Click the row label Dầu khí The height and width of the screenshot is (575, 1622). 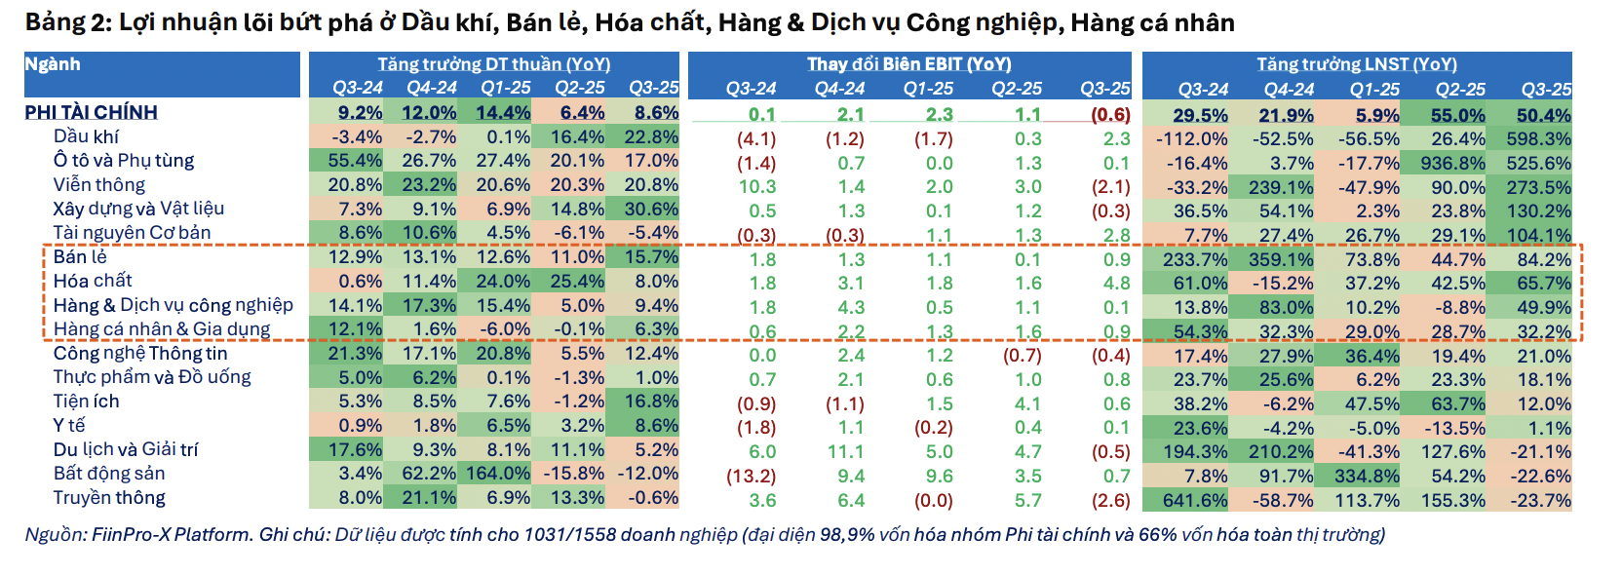coord(86,136)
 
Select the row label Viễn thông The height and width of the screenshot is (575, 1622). coord(98,184)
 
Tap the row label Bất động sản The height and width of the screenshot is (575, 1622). coord(109,474)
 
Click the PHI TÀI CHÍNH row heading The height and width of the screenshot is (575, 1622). coord(91,112)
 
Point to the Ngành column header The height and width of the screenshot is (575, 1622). coord(53,64)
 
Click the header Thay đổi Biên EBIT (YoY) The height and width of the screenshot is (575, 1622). coord(908,64)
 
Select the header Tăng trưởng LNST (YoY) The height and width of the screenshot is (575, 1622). coord(1356,64)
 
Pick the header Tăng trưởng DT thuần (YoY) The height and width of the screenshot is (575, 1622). coord(493,64)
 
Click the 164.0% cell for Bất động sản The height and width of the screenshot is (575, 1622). coord(497,474)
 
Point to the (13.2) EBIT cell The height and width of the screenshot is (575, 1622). coord(751,477)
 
